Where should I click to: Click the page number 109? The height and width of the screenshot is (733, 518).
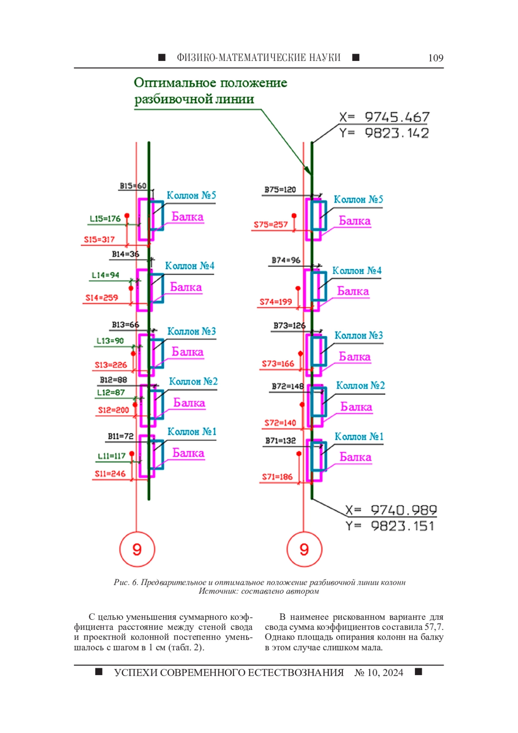coord(436,58)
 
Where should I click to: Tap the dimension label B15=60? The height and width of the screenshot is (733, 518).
coord(133,186)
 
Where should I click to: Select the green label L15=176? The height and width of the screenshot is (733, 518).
coord(105,219)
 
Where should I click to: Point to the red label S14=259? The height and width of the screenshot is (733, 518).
coord(102,298)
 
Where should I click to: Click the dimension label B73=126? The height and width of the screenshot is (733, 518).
coord(289,326)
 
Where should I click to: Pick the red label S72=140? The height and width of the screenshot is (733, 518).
coord(280,423)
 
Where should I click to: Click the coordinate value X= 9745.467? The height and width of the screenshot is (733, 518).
coord(384,117)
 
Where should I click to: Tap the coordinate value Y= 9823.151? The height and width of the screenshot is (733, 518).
coord(390,526)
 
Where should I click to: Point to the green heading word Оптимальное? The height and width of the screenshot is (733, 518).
coord(174,83)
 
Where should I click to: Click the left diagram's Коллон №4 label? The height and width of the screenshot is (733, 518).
coord(190,266)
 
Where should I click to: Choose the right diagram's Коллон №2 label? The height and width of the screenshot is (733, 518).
coord(360,385)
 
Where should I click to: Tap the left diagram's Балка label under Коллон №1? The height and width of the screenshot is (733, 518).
coord(188,453)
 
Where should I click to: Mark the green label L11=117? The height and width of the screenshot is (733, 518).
coord(111,456)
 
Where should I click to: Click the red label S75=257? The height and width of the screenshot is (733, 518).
coord(271,225)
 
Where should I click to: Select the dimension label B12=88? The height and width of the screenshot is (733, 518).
coord(114,380)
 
